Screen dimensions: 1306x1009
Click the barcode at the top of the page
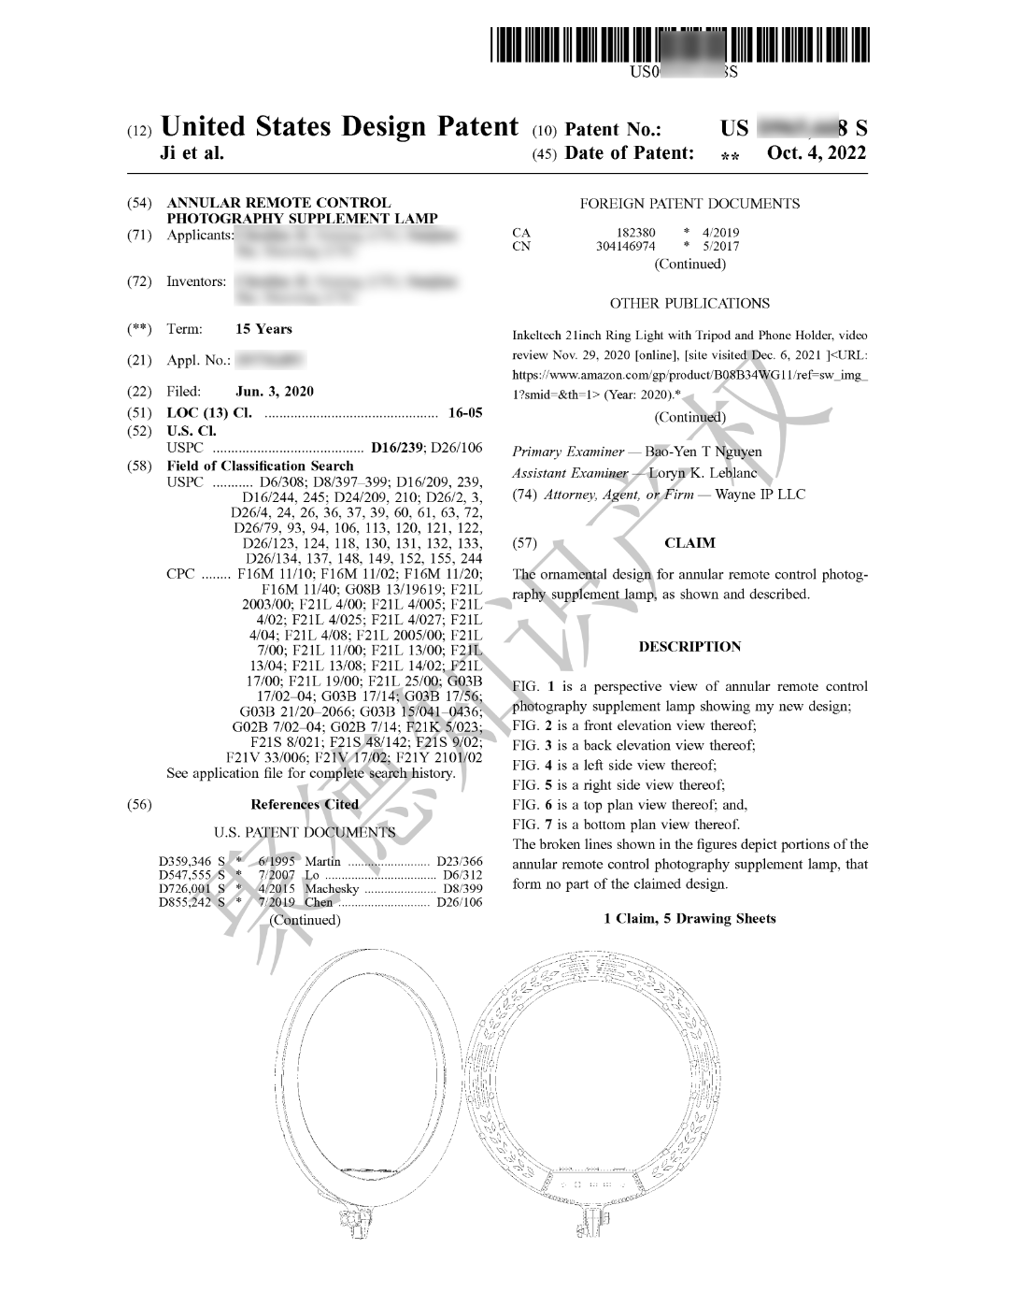(x=679, y=46)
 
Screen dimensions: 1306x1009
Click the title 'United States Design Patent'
(x=339, y=127)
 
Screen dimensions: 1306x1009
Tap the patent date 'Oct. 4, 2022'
(x=816, y=153)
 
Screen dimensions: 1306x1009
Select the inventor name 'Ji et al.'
(x=192, y=153)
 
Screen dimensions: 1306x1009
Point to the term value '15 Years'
(x=263, y=329)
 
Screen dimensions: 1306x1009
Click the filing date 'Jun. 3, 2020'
(x=275, y=392)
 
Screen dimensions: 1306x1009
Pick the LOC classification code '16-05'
(x=465, y=412)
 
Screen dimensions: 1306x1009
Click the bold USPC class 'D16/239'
(x=397, y=448)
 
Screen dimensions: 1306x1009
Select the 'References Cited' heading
(x=305, y=804)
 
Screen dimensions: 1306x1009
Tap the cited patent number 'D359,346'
(x=185, y=862)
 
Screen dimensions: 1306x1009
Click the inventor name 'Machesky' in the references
(x=332, y=889)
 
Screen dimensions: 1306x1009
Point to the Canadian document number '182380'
(x=635, y=233)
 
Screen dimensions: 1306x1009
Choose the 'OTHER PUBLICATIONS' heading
(x=689, y=304)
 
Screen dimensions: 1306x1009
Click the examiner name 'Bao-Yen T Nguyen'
(x=703, y=452)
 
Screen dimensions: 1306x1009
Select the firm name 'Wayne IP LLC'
(x=760, y=495)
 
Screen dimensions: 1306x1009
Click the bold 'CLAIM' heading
(x=689, y=543)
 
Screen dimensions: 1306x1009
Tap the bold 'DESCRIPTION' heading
(x=689, y=647)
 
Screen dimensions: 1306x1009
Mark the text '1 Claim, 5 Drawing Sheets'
(x=689, y=919)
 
